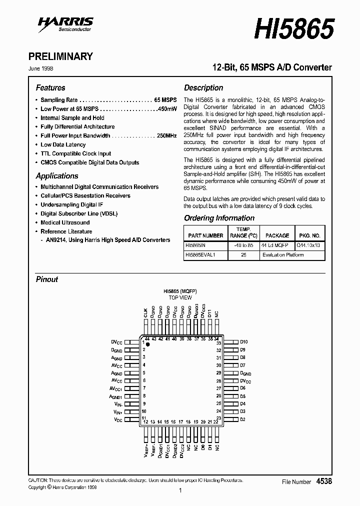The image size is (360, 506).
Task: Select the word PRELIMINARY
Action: pos(64,56)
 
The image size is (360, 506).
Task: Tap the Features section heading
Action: pos(50,87)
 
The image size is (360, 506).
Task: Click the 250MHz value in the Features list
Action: pos(166,135)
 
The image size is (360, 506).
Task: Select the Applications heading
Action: pos(57,176)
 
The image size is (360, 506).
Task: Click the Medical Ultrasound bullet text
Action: pos(65,222)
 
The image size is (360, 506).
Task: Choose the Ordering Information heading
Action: pos(219,218)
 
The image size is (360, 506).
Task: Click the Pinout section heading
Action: pos(47,279)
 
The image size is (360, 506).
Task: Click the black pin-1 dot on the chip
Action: pos(147,345)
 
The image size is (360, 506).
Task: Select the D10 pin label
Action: pos(243,342)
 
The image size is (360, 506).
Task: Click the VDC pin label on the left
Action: pos(118,419)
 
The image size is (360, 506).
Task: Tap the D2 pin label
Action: pos(242,419)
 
